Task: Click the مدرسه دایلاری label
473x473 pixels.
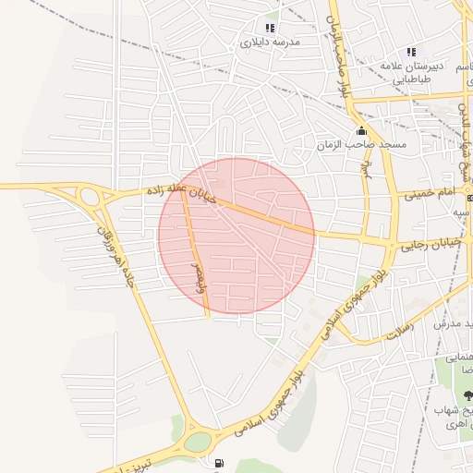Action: click(x=271, y=42)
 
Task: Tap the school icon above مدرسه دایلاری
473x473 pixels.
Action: click(x=270, y=28)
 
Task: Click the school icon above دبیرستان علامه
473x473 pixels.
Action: click(x=411, y=52)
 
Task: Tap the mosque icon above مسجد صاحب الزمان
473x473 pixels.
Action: click(x=359, y=130)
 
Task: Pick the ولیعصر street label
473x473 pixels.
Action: click(x=197, y=274)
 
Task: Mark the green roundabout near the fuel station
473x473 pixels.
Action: click(x=197, y=441)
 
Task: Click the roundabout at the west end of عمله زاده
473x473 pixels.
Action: click(x=91, y=196)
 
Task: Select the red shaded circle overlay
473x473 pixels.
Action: click(x=236, y=236)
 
